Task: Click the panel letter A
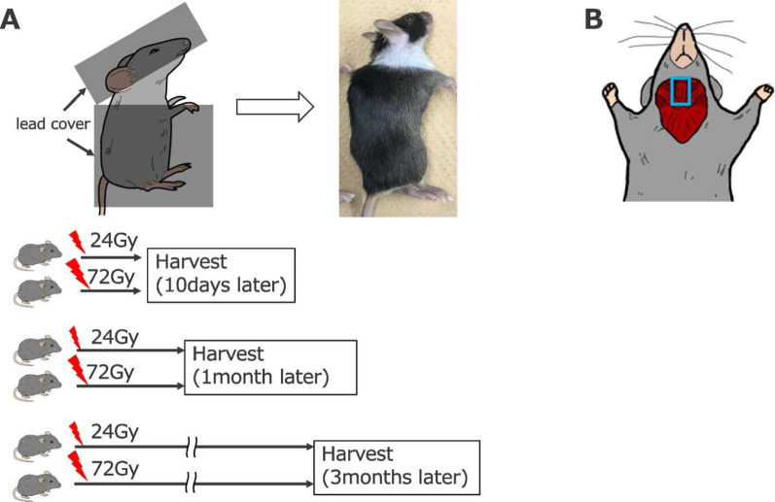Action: [11, 17]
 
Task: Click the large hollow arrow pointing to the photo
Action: [276, 106]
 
